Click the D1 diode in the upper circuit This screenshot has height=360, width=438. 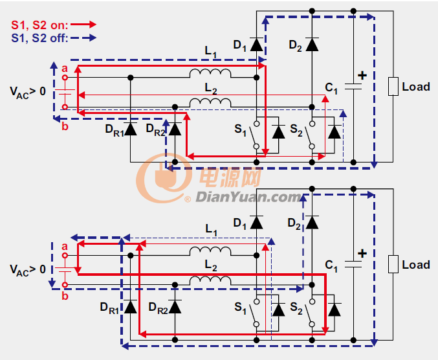[x=256, y=45]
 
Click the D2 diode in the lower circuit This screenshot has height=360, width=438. [x=312, y=223]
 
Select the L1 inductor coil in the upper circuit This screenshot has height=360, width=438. [x=210, y=73]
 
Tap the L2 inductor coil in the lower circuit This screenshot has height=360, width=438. [x=210, y=280]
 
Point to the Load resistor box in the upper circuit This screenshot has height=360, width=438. [x=393, y=86]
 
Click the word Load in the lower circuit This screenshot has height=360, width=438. [x=416, y=265]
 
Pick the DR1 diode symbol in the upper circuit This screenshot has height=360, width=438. [x=131, y=129]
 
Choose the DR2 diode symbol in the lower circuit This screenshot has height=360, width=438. [x=175, y=307]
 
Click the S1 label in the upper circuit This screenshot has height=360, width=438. [x=240, y=129]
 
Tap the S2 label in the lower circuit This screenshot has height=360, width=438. [x=296, y=308]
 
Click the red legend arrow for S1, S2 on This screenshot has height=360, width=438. [x=83, y=25]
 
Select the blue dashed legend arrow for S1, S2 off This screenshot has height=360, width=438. [x=83, y=38]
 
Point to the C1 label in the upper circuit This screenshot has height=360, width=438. [x=331, y=88]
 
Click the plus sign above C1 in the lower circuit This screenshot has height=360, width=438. [x=362, y=254]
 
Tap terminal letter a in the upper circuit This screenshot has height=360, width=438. [x=65, y=69]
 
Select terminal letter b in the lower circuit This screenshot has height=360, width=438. [x=65, y=296]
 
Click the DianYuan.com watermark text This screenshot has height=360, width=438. [x=248, y=197]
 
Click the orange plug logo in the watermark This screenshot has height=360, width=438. [x=164, y=177]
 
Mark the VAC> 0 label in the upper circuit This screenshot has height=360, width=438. [x=28, y=92]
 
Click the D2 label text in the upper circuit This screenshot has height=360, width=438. [x=295, y=45]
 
